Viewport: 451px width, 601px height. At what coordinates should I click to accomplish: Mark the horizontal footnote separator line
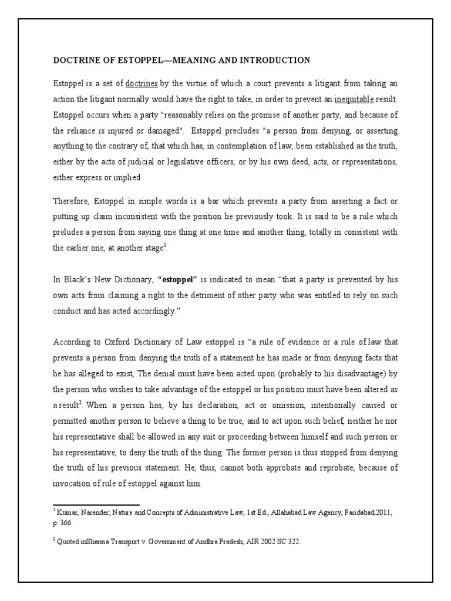(x=96, y=504)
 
